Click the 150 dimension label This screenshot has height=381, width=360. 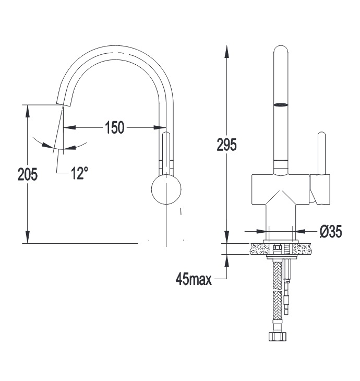pyautogui.click(x=115, y=127)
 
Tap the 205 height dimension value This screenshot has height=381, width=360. pyautogui.click(x=28, y=174)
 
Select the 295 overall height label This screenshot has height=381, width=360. pyautogui.click(x=226, y=145)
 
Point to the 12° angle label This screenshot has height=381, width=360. pyautogui.click(x=79, y=173)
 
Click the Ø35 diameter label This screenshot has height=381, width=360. pyautogui.click(x=331, y=231)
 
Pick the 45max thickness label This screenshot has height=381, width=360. pyautogui.click(x=194, y=279)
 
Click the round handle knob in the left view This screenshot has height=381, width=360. pyautogui.click(x=166, y=189)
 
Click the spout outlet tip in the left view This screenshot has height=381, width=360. pyautogui.click(x=64, y=104)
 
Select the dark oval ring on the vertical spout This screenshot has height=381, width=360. pyautogui.click(x=281, y=105)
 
